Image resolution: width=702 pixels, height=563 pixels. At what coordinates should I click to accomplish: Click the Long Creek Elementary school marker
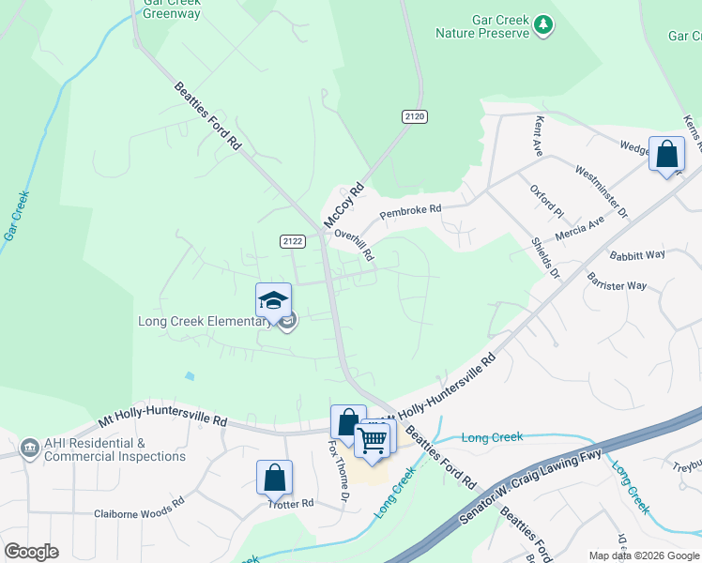click(273, 300)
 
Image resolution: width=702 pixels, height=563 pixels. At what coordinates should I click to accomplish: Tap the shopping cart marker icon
click(373, 438)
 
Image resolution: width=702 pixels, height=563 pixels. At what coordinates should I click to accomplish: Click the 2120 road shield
click(414, 116)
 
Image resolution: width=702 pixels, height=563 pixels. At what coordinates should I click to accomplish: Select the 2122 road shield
click(293, 241)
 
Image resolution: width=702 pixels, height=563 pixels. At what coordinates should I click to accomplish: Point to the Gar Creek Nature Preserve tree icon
click(542, 24)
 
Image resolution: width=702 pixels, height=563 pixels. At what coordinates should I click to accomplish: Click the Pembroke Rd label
click(410, 212)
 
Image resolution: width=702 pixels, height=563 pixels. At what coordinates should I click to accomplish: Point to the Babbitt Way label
click(637, 254)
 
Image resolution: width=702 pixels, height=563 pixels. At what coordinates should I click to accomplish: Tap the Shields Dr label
click(544, 256)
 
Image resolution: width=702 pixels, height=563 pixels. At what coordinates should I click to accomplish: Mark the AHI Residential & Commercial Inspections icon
click(29, 446)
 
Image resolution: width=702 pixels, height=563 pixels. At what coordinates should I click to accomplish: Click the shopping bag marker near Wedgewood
click(666, 154)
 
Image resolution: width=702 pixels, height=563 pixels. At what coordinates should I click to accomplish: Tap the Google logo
click(31, 552)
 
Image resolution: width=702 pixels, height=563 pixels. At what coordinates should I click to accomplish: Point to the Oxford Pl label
click(545, 200)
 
